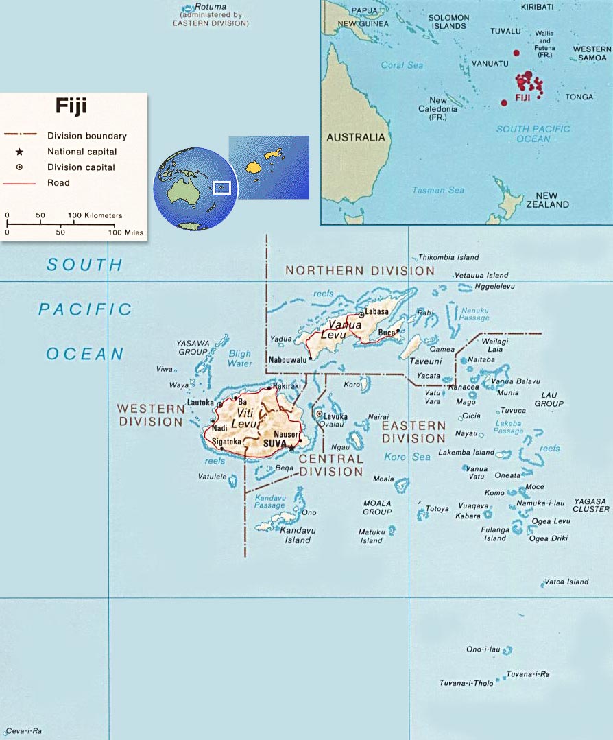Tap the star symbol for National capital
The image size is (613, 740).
pyautogui.click(x=20, y=152)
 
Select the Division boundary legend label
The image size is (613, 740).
pyautogui.click(x=87, y=136)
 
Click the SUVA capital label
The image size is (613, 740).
pyautogui.click(x=276, y=444)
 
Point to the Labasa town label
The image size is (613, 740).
pyautogui.click(x=376, y=311)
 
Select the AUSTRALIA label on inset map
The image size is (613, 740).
pyautogui.click(x=355, y=137)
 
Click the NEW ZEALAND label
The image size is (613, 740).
pyautogui.click(x=547, y=200)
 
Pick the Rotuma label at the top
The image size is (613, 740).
pyautogui.click(x=211, y=7)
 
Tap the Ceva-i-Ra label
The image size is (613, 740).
pyautogui.click(x=24, y=731)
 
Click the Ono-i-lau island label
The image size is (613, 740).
pyautogui.click(x=483, y=649)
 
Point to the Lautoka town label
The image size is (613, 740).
pyautogui.click(x=200, y=403)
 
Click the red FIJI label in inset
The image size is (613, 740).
pyautogui.click(x=522, y=98)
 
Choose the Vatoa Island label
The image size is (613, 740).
pyautogui.click(x=566, y=582)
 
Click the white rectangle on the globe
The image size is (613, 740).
pyautogui.click(x=221, y=187)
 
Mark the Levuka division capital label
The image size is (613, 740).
pyautogui.click(x=335, y=416)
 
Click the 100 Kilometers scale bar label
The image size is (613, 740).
pyautogui.click(x=95, y=215)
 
